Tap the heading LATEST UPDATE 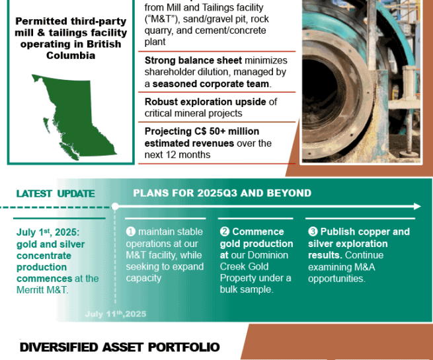click(x=56, y=194)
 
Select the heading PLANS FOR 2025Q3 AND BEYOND click(x=222, y=193)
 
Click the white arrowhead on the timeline click(x=417, y=206)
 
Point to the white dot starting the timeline click(x=115, y=206)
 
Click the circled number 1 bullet click(x=131, y=231)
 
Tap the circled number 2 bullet click(x=225, y=231)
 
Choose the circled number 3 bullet click(x=313, y=231)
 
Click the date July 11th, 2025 click(x=116, y=314)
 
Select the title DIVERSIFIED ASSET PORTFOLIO click(x=120, y=347)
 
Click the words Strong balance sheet click(x=193, y=60)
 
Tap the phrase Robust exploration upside click(x=206, y=102)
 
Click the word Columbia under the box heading click(x=71, y=55)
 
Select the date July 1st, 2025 click(x=48, y=233)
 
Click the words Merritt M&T click(x=42, y=290)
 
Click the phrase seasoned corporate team click(x=211, y=84)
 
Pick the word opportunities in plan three click(x=336, y=279)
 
